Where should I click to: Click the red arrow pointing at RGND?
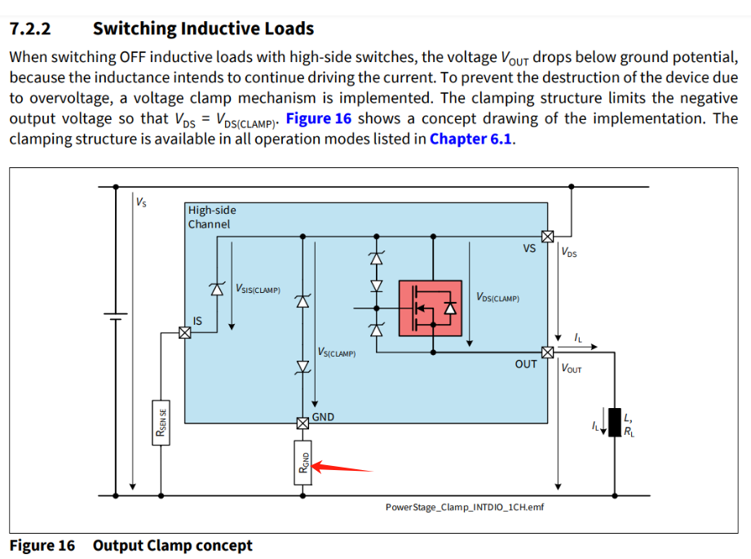pyautogui.click(x=342, y=468)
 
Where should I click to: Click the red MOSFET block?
pyautogui.click(x=430, y=308)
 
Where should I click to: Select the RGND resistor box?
pyautogui.click(x=303, y=463)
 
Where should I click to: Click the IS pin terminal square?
pyautogui.click(x=184, y=332)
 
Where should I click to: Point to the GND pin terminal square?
pyautogui.click(x=303, y=423)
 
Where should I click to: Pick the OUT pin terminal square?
pyautogui.click(x=548, y=353)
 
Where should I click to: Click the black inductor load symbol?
pyautogui.click(x=614, y=421)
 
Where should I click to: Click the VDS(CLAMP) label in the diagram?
pyautogui.click(x=497, y=298)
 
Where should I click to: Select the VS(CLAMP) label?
pyautogui.click(x=338, y=353)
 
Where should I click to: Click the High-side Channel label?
pyautogui.click(x=212, y=217)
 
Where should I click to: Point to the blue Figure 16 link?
pyautogui.click(x=319, y=118)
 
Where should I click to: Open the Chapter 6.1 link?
pyautogui.click(x=471, y=138)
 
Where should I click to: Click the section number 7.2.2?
pyautogui.click(x=30, y=29)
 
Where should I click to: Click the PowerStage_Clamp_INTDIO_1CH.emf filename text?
pyautogui.click(x=464, y=507)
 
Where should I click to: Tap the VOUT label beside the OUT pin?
pyautogui.click(x=572, y=369)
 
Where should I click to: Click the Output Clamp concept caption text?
pyautogui.click(x=173, y=545)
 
